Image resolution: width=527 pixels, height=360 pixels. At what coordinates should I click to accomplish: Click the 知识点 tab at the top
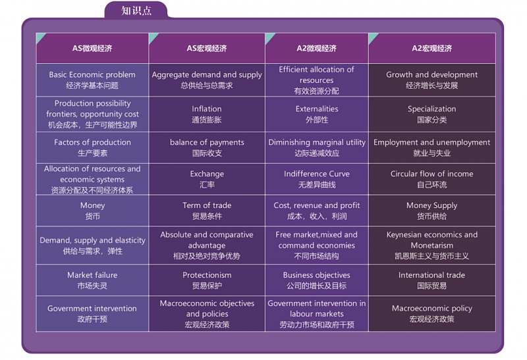136,10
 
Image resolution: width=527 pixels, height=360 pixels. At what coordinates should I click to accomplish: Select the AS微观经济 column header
92,48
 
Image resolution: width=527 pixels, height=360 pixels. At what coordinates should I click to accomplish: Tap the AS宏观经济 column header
207,48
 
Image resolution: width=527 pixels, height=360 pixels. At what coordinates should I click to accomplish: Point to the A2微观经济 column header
317,48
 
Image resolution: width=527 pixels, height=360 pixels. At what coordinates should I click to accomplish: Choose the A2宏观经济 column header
432,48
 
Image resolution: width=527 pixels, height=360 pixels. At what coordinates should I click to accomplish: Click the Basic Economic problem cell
92,80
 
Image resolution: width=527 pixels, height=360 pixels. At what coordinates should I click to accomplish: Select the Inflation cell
207,114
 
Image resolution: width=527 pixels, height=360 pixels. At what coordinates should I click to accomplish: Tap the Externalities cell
317,114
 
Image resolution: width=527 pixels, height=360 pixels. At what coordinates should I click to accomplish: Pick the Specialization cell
432,114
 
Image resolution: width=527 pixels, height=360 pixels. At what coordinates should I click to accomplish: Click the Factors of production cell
92,147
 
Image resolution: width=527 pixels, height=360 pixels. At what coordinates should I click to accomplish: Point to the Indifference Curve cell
317,179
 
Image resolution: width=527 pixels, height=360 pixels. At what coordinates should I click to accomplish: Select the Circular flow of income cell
432,179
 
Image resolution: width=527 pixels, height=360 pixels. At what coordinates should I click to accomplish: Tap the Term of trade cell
207,211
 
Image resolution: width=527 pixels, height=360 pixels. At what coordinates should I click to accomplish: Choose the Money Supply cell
432,211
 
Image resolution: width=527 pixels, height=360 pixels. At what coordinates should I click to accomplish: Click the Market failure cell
92,280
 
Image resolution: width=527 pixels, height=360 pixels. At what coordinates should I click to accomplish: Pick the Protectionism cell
207,280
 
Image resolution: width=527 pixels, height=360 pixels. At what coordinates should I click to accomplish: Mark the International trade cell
432,280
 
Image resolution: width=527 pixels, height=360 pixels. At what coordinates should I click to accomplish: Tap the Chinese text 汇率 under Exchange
207,185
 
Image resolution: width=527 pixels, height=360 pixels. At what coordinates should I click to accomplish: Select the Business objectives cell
317,280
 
